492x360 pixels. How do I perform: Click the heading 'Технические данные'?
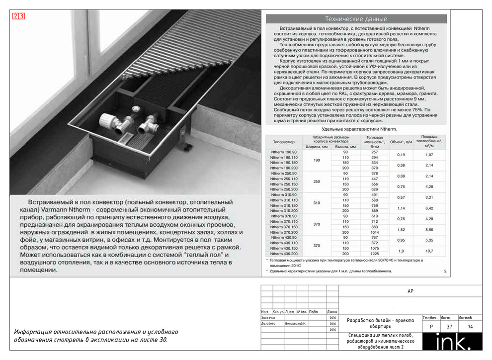tap(356, 19)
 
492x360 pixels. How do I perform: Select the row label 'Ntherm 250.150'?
tap(284, 184)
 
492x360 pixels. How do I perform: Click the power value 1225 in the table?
tap(375, 254)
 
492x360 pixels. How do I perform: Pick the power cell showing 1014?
tap(375, 232)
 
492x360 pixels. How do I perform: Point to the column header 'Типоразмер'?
tap(284, 141)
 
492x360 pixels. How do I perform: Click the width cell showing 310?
tap(317, 203)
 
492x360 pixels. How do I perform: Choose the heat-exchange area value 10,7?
tap(429, 251)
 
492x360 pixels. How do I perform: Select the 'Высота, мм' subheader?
tap(345, 147)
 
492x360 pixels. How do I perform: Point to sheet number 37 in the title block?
tap(449, 327)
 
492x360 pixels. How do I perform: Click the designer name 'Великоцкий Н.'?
tap(297, 323)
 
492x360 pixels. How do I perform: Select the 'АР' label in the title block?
tap(410, 292)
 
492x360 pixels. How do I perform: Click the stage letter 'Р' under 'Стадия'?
tap(429, 327)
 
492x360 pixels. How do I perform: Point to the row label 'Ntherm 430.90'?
tap(284, 238)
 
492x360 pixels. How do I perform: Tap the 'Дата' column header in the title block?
tap(332, 312)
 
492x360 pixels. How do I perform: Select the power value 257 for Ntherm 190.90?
tap(375, 152)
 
